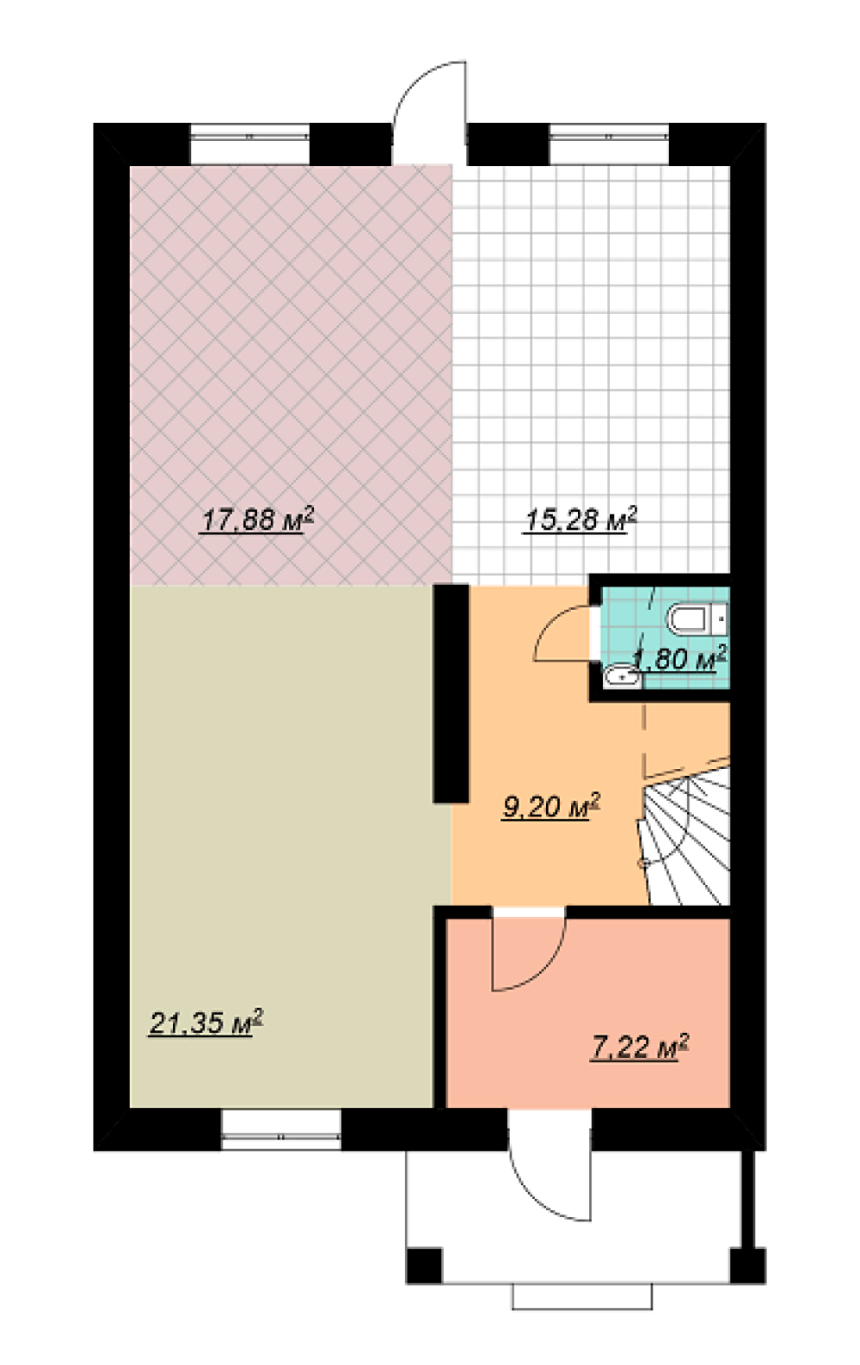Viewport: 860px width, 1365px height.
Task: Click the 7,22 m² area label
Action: (x=639, y=1048)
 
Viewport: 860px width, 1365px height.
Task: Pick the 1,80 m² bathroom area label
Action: (x=681, y=658)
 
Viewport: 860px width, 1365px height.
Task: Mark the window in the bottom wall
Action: (x=280, y=1129)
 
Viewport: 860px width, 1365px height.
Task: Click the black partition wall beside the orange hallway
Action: (x=451, y=693)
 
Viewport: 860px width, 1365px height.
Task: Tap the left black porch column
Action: (x=424, y=1266)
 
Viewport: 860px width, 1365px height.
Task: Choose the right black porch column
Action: (x=748, y=1266)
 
